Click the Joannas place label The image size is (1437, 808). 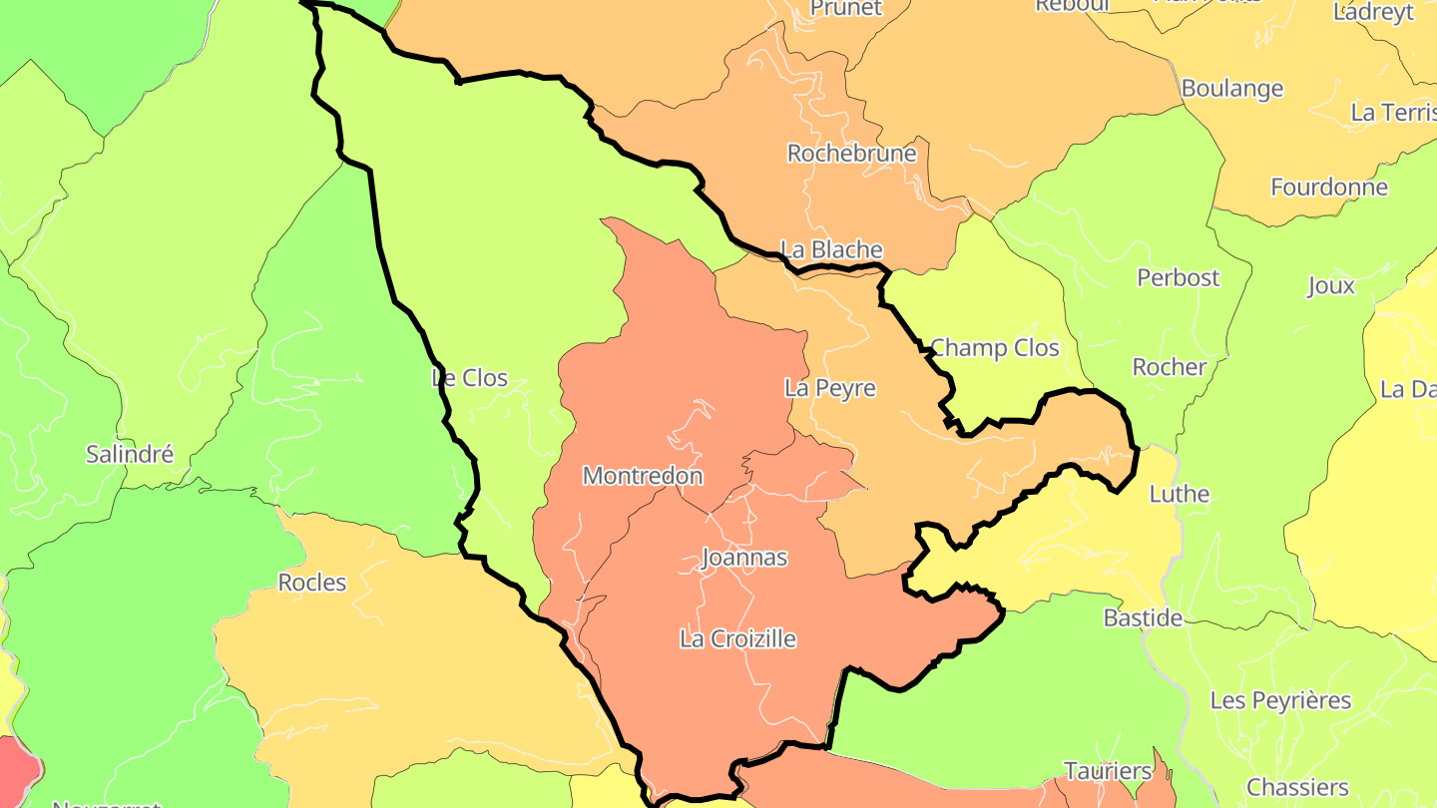coord(744,558)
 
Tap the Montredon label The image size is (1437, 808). coord(643,476)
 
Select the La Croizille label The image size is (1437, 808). coord(737,638)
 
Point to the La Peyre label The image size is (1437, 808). coord(830,388)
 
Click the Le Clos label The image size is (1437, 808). coord(470,378)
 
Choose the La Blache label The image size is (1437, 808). coord(831,249)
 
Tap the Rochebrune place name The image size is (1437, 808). coord(851,153)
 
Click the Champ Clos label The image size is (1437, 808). coord(994,348)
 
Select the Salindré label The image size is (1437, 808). coord(130,454)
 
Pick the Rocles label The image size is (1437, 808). coord(312,583)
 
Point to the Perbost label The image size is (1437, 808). coord(1179,277)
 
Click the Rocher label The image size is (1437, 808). coord(1170,367)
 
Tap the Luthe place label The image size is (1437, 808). coord(1180,494)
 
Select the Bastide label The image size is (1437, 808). coord(1143,618)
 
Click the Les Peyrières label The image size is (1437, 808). coord(1280,700)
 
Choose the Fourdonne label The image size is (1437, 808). coord(1329,187)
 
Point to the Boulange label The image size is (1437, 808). coord(1232,88)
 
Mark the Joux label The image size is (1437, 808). coord(1331,286)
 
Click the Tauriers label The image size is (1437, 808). coord(1108,771)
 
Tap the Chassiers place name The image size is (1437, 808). coord(1297,788)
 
